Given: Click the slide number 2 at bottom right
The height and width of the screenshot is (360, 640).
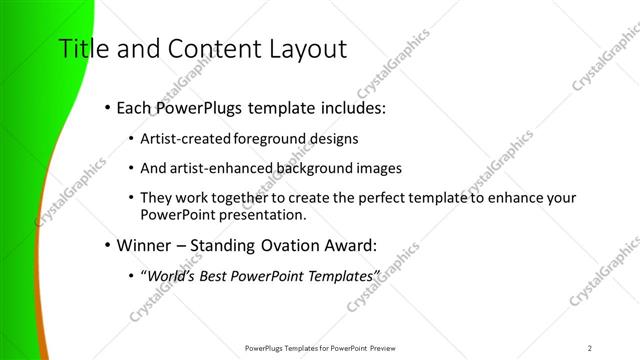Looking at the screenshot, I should pos(590,348).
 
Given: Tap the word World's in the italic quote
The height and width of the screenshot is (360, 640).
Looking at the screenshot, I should pos(170,275).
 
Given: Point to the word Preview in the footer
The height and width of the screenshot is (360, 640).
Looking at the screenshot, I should pos(376,348).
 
